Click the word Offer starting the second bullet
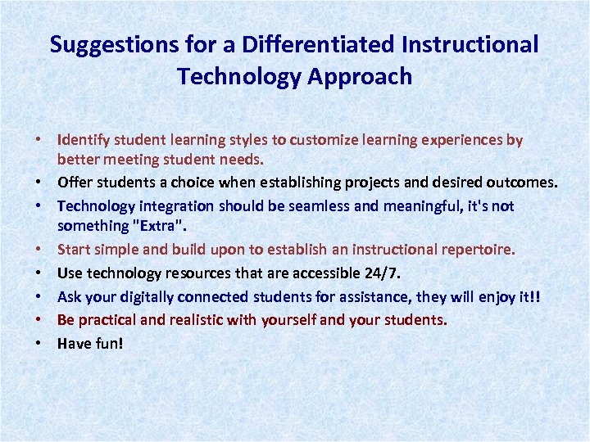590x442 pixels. pyautogui.click(x=74, y=181)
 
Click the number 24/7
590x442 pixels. pyautogui.click(x=379, y=273)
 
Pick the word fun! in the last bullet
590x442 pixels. pyautogui.click(x=108, y=344)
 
